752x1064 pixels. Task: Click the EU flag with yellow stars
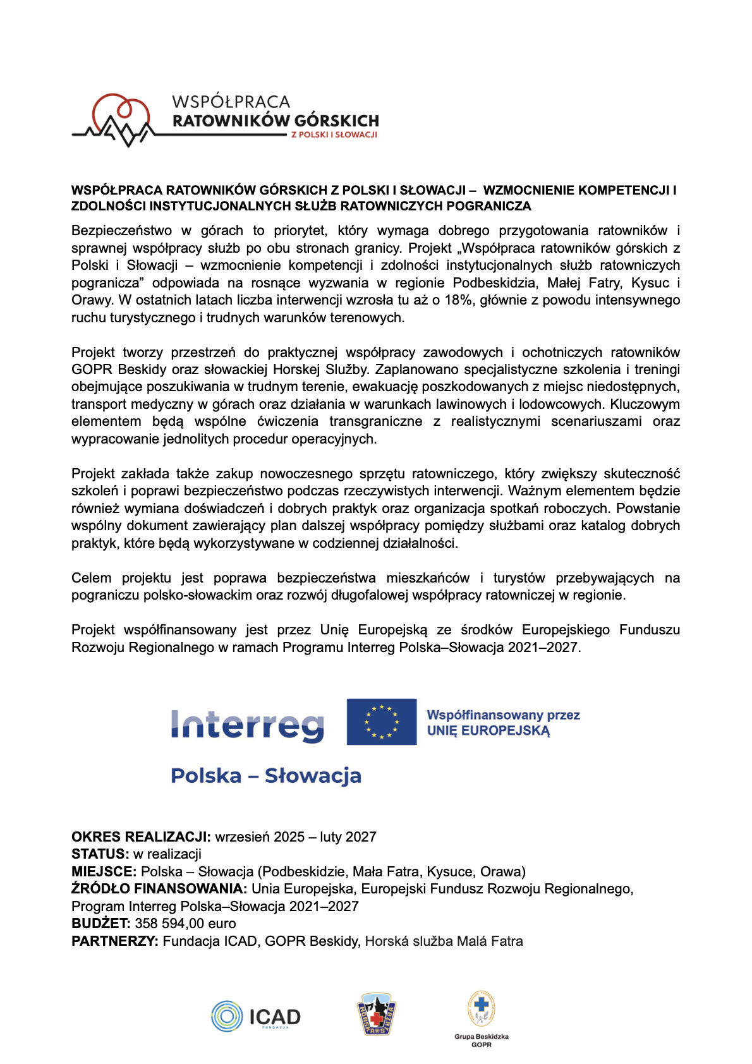[382, 722]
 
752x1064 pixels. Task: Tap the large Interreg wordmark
[247, 725]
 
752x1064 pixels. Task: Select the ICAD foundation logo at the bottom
[256, 1017]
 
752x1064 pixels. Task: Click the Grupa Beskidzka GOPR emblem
[481, 1009]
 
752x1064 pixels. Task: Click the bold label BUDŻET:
[101, 924]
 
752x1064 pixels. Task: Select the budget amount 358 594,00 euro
[185, 924]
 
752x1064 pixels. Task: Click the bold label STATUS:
[100, 854]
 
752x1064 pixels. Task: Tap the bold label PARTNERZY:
[114, 941]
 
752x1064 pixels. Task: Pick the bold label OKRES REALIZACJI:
[141, 837]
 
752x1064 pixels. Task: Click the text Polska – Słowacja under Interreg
[266, 776]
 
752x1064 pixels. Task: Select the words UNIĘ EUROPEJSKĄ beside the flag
[488, 731]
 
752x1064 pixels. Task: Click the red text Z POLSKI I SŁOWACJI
[334, 135]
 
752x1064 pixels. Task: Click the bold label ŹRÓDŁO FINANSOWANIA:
[159, 889]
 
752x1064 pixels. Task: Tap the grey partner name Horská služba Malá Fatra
[444, 941]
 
